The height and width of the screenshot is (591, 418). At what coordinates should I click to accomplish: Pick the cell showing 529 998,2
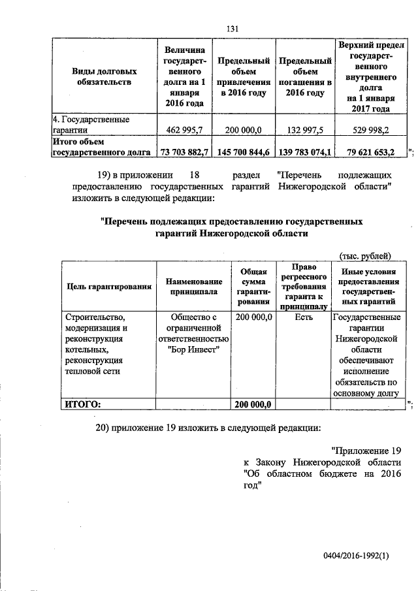point(370,131)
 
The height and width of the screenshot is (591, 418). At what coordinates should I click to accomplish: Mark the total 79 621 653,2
point(370,152)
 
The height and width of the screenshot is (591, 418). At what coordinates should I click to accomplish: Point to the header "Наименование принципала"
point(193,286)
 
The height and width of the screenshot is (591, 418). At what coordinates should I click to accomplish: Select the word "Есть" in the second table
point(304,317)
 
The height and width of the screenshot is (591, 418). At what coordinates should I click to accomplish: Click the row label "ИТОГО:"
point(82,404)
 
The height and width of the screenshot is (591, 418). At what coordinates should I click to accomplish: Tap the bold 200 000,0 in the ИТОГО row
point(253,404)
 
